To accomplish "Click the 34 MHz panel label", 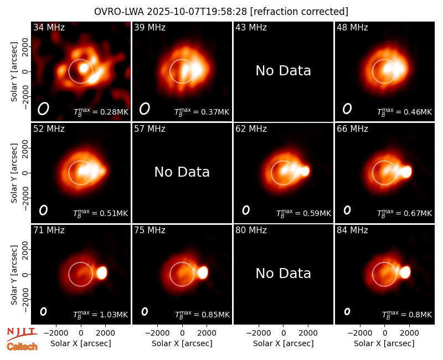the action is (49, 27).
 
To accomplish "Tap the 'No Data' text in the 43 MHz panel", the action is (283, 71).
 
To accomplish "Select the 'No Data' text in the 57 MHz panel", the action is (182, 172).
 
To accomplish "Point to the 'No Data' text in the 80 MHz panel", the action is (283, 273).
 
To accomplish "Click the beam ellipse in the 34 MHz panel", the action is (44, 109).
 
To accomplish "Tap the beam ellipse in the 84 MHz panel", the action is (347, 311).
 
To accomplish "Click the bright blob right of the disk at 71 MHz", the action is (102, 273).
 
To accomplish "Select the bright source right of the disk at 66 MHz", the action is (406, 172).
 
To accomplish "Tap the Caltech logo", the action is (22, 347).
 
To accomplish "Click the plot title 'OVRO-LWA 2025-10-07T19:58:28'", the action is (171, 12).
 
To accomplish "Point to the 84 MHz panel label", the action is (352, 230).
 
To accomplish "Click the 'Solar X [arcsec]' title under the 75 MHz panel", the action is (182, 343).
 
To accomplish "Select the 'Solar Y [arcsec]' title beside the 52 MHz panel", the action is (14, 173).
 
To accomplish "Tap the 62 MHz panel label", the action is (251, 129).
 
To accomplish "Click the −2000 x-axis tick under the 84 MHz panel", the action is (360, 333).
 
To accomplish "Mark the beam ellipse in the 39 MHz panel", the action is (145, 109).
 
